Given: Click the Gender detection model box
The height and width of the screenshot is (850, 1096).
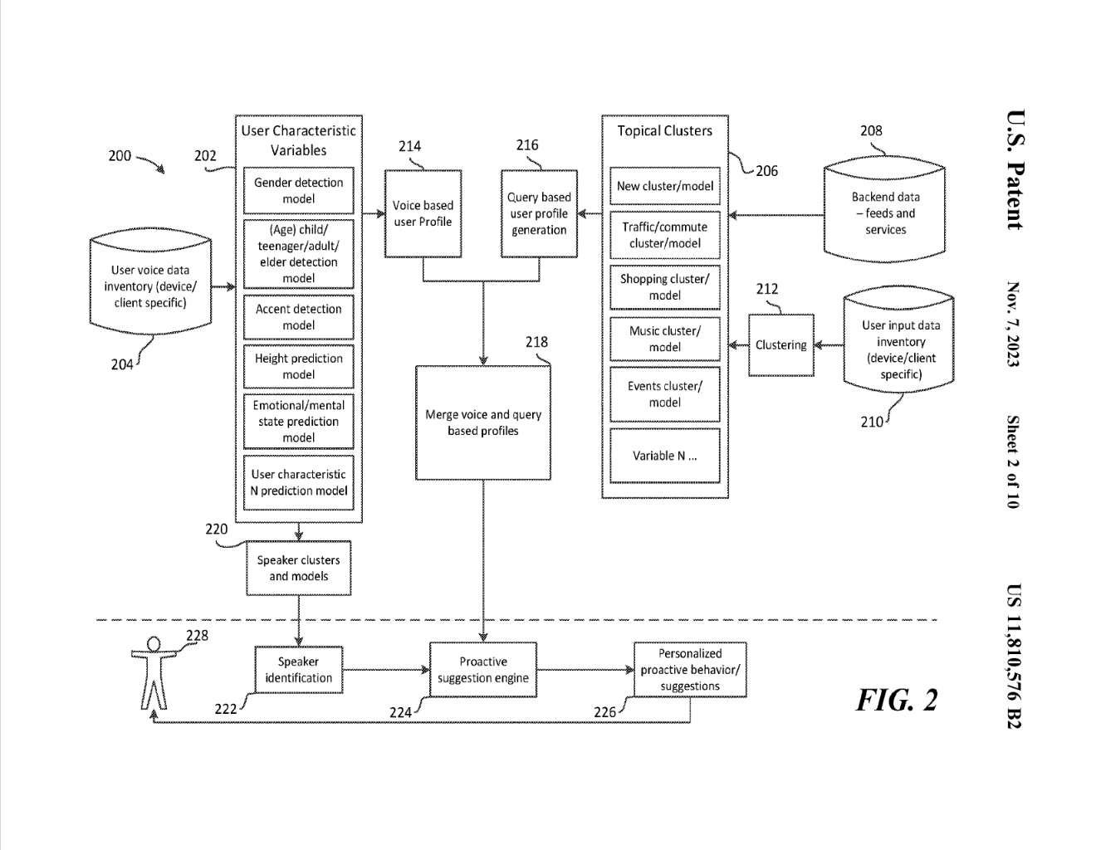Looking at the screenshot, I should coord(298,191).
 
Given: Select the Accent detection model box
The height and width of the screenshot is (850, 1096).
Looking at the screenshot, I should coord(298,317).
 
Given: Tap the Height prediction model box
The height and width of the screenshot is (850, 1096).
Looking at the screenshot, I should coord(298,366).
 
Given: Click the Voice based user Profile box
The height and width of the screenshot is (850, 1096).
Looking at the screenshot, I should coord(423,213).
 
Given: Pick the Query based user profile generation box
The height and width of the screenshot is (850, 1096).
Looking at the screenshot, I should coord(539,213).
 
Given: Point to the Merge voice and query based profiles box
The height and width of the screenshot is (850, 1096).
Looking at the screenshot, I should coord(482,423).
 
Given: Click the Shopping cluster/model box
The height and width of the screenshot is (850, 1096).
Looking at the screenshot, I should coord(664,287).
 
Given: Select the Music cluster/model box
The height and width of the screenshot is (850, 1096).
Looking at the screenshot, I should coord(664,339).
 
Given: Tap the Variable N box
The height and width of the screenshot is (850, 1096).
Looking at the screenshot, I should coord(664,455).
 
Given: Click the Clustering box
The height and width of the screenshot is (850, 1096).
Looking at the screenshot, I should coord(780,345).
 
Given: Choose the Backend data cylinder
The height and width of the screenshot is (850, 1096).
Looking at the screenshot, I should coord(884,212).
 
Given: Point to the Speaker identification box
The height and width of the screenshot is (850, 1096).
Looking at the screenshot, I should coord(298,670).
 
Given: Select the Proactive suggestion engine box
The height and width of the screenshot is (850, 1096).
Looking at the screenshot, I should coord(482,670).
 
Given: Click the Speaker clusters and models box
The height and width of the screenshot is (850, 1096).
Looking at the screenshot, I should coord(298,568).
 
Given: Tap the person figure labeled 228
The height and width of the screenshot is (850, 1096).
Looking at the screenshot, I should coord(154,672).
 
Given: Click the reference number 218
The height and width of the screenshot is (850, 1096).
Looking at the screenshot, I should coord(536,342).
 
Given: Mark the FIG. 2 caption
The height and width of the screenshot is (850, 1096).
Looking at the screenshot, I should coord(897,700).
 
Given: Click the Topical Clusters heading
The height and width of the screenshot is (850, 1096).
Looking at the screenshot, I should coord(664,131).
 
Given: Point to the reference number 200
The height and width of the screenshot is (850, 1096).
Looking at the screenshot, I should coord(120,155).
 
